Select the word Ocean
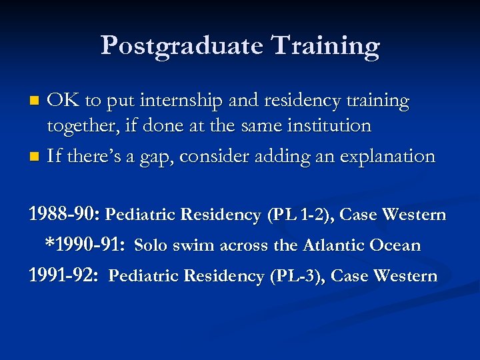tap(396, 245)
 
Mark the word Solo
tap(151, 245)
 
